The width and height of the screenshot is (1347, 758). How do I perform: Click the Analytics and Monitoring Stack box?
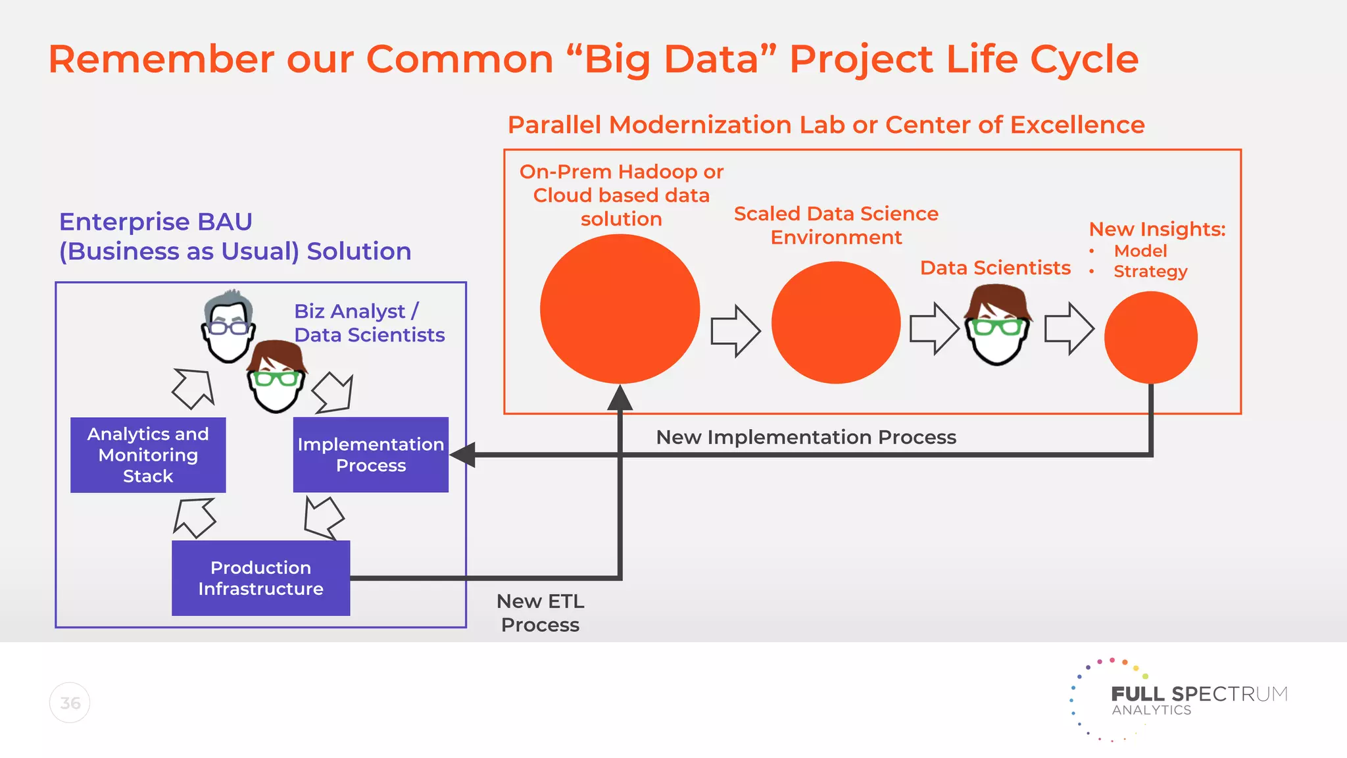point(148,455)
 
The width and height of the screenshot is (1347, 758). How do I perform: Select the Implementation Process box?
point(370,455)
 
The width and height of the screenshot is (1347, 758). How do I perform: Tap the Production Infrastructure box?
point(260,578)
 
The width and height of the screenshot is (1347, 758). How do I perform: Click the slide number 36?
point(70,703)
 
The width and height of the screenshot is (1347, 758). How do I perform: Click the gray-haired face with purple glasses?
point(228,326)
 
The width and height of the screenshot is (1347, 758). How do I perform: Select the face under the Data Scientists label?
point(997,326)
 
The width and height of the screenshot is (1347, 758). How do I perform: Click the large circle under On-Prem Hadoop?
point(620,309)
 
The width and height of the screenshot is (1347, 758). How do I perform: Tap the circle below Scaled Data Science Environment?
point(835,322)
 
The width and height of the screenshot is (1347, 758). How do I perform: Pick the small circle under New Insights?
point(1150,338)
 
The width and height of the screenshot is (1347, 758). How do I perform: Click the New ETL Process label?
point(540,613)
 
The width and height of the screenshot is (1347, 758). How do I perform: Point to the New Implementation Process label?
point(806,437)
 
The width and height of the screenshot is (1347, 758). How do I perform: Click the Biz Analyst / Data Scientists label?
point(369,323)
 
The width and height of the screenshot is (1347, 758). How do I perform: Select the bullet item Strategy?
point(1150,271)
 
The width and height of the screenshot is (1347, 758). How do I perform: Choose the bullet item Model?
point(1140,251)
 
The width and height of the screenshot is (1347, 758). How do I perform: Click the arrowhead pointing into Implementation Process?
point(462,455)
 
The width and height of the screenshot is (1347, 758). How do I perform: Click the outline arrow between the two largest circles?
point(735,331)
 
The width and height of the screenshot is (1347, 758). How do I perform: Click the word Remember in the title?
point(161,59)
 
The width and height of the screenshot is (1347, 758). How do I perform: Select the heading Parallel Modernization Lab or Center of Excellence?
point(826,124)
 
